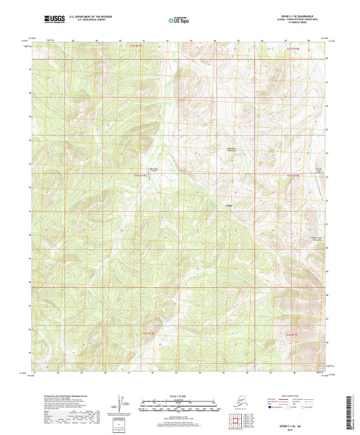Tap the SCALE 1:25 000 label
coord(180,396)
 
